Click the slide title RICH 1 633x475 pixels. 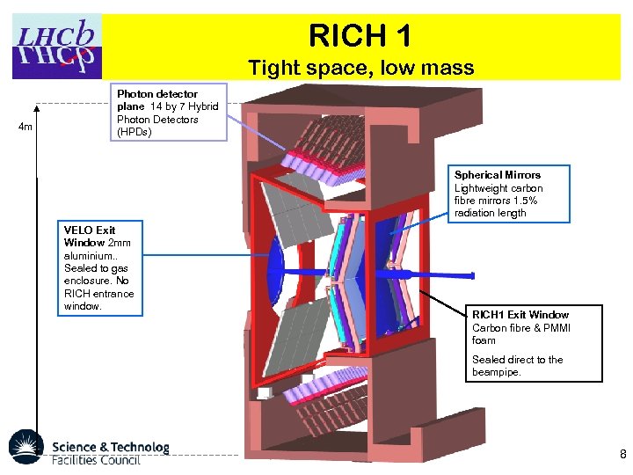point(360,36)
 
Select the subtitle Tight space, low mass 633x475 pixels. point(360,67)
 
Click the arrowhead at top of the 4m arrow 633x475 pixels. point(37,110)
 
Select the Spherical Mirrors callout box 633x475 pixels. point(511,194)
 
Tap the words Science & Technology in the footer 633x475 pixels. point(110,447)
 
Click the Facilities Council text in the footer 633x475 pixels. point(96,460)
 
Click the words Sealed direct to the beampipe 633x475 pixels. point(517,366)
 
